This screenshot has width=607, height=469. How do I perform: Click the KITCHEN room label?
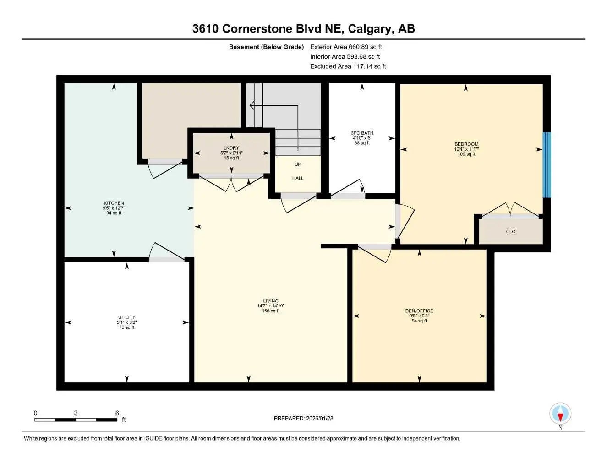114,203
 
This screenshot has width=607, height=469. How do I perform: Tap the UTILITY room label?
126,317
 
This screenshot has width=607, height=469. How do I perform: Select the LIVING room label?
271,301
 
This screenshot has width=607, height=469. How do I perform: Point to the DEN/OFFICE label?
419,311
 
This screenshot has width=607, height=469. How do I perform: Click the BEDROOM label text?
466,144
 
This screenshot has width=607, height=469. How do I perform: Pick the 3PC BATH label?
362,133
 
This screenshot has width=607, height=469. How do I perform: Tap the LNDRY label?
231,148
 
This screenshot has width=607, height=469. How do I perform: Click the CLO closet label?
511,231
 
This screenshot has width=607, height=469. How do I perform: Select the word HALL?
298,178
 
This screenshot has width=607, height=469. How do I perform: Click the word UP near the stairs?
298,164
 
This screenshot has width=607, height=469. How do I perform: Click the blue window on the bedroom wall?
546,165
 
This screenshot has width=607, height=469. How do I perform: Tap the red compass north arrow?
560,416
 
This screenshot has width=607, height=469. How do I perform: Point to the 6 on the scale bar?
117,413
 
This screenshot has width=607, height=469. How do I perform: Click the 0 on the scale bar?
36,413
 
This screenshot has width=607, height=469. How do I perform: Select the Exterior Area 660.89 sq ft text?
346,47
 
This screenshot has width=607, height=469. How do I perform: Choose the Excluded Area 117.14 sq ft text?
348,66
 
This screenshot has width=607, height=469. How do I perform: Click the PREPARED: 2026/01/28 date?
303,418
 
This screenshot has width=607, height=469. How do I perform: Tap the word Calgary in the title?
370,28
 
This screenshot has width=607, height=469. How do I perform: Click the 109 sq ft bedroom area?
466,154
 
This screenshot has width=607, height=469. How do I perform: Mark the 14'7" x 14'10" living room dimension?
271,306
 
